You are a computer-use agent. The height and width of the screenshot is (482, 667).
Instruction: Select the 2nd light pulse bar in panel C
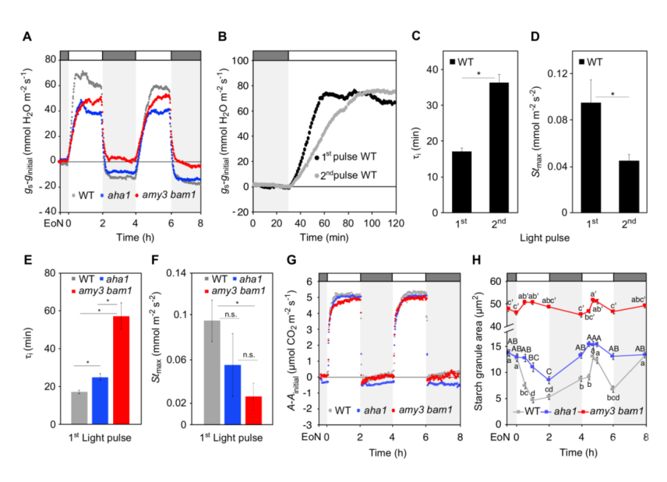498,148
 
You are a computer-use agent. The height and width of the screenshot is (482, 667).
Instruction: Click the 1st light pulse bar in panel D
591,158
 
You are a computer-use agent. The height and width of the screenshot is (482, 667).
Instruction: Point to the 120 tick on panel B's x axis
396,221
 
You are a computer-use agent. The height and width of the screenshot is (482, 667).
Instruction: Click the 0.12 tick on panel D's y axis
551,74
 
